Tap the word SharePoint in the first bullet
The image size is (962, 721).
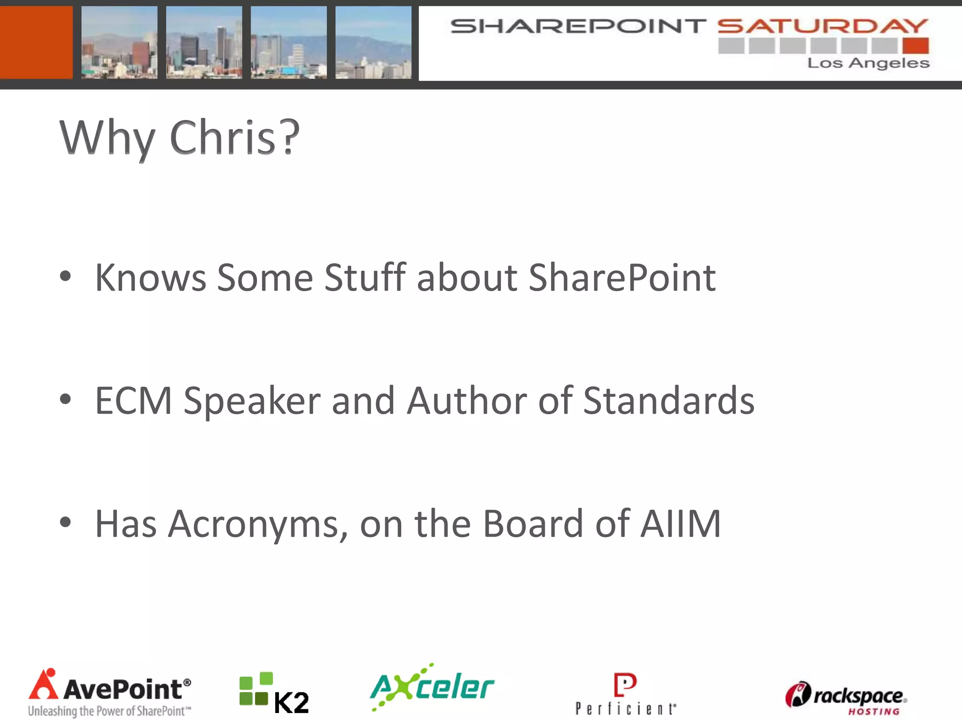622,277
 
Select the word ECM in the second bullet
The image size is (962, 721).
133,400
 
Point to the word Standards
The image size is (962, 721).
668,400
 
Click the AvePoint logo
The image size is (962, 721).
110,692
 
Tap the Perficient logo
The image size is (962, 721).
626,694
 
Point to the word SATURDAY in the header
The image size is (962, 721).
822,26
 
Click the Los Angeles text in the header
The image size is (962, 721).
868,63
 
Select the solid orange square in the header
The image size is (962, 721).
36,42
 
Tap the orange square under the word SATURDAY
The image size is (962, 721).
915,46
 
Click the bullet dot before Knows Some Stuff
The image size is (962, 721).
65,276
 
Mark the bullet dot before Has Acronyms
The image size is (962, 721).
65,522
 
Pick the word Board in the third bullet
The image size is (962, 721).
533,523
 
